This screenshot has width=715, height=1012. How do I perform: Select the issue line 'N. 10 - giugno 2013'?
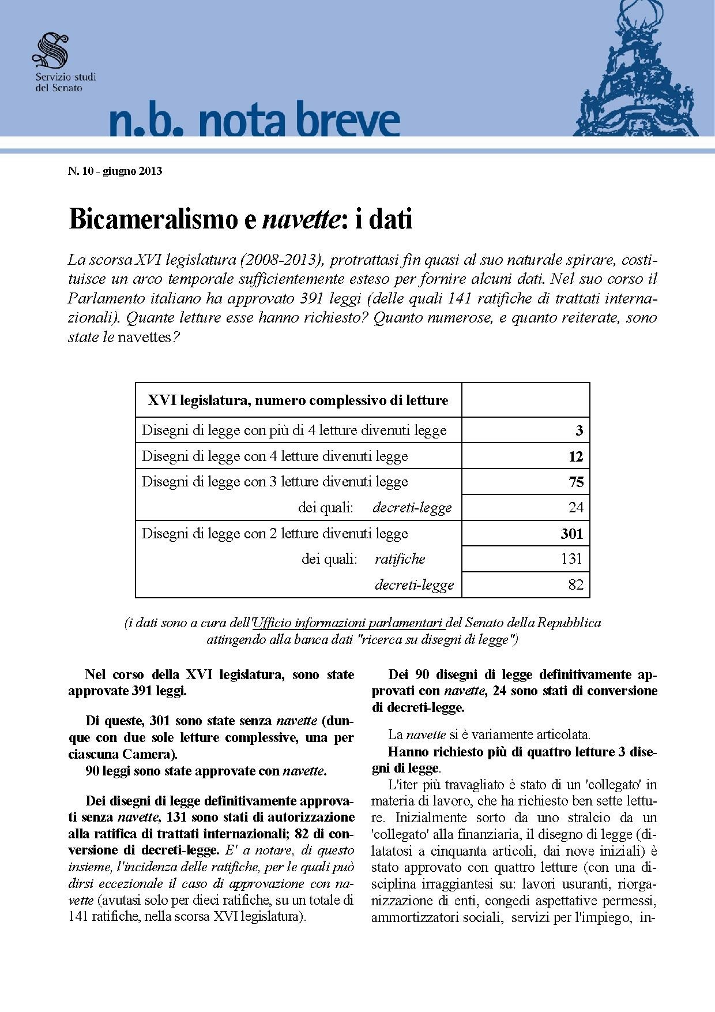(115, 171)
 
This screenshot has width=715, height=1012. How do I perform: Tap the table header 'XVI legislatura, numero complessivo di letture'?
(298, 400)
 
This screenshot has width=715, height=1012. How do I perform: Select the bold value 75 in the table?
(576, 482)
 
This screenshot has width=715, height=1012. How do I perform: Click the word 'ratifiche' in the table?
(400, 559)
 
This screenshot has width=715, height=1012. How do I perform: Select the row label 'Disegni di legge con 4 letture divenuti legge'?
(274, 456)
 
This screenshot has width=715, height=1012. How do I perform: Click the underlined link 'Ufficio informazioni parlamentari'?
(348, 623)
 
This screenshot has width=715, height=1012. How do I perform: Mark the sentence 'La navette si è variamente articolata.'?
(489, 735)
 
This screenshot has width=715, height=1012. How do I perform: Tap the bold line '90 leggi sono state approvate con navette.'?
(206, 771)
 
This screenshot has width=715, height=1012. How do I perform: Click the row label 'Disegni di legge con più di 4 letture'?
(294, 430)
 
